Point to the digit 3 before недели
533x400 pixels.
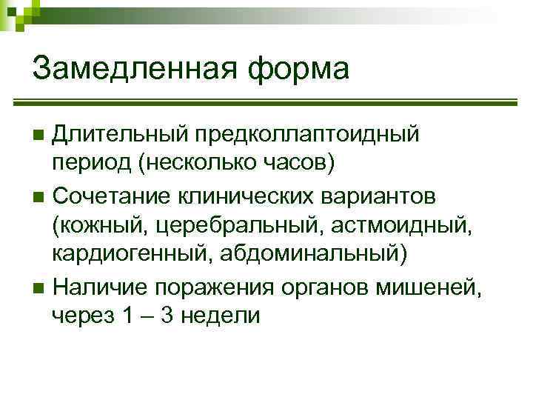(x=168, y=316)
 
